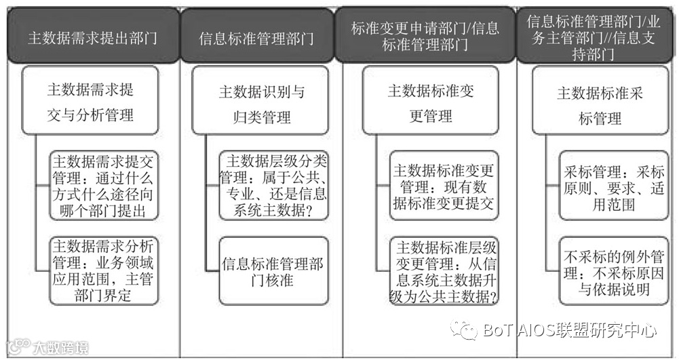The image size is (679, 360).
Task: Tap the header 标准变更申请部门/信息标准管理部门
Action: pyautogui.click(x=425, y=37)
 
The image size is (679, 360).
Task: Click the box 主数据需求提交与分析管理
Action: pyautogui.click(x=90, y=101)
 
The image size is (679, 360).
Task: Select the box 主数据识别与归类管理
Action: pyautogui.click(x=260, y=104)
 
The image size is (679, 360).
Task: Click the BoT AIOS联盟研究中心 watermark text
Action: pyautogui.click(x=570, y=331)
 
